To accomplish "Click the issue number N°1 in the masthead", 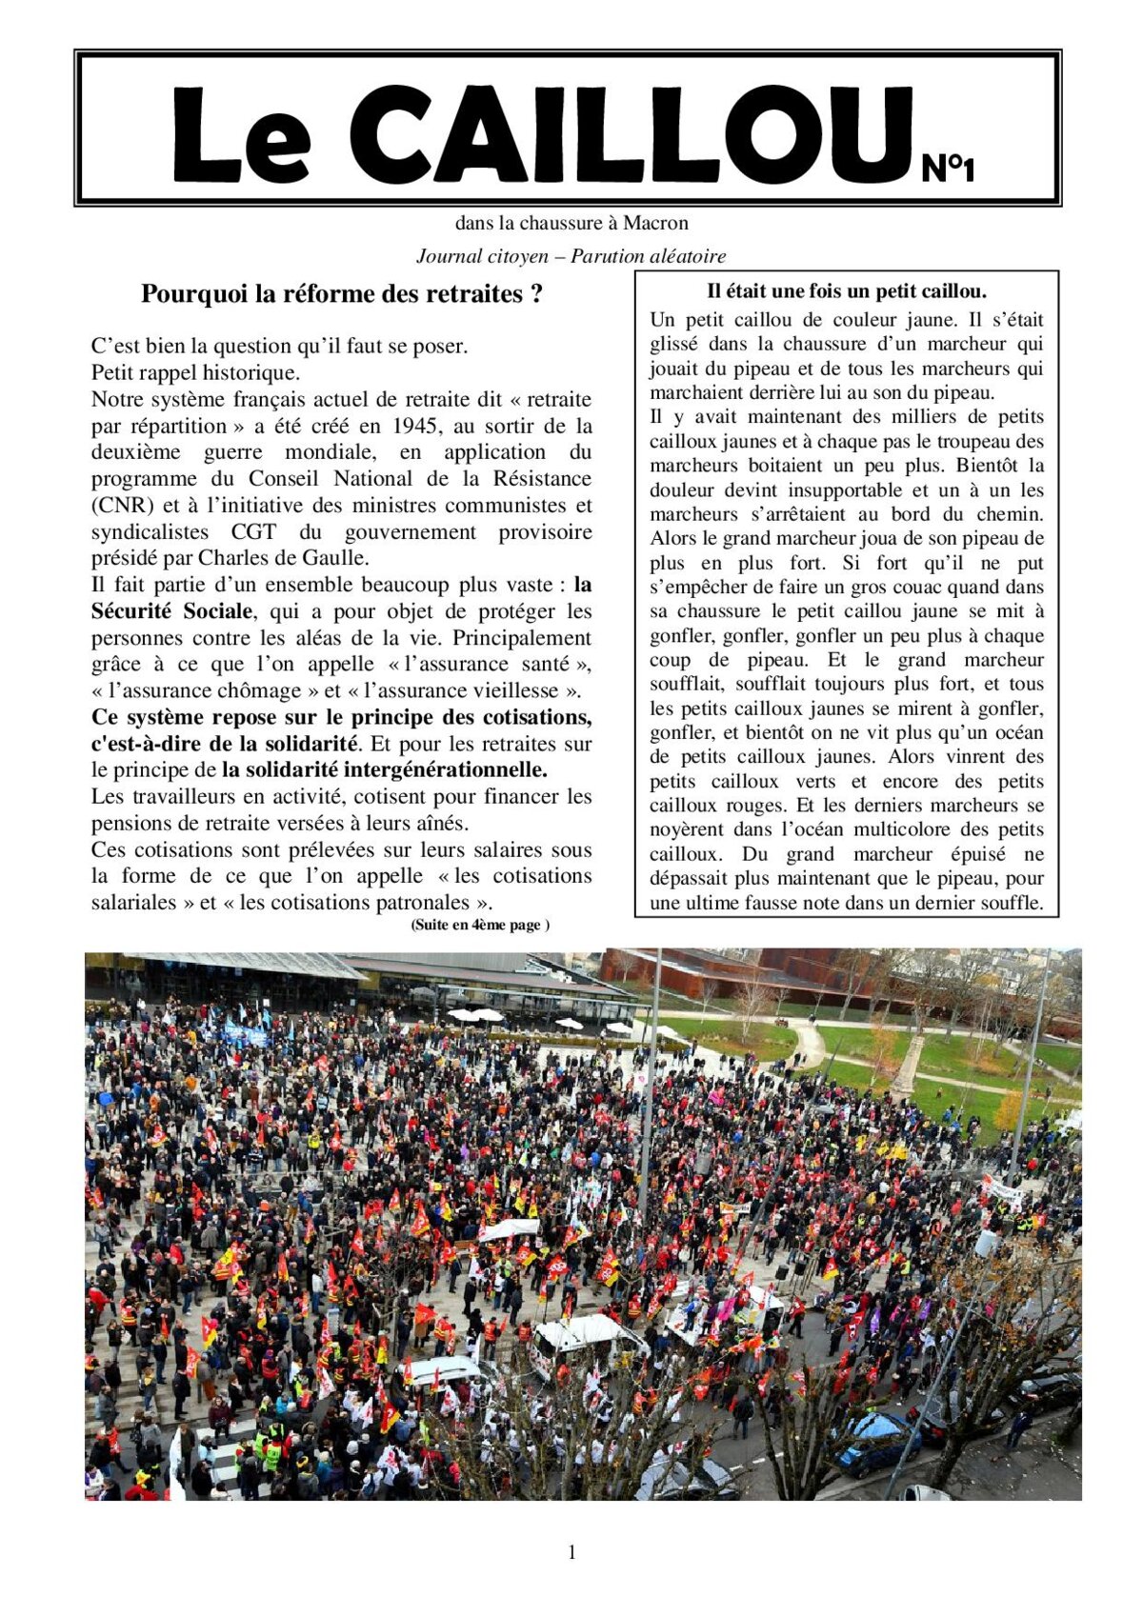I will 948,170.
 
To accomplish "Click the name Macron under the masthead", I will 655,224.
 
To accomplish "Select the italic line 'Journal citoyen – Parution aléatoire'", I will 571,256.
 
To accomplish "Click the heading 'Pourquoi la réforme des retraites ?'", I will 342,294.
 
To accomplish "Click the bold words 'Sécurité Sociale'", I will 172,611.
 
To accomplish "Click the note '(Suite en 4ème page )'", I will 480,925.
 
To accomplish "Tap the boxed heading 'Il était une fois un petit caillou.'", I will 846,291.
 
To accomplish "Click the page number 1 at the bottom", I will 571,1553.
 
